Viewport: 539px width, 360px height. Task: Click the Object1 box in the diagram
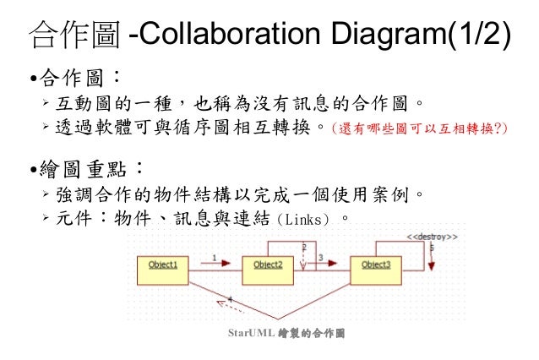(x=163, y=265)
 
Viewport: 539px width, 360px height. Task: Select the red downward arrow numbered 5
(x=432, y=258)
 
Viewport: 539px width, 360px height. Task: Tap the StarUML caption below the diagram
(x=286, y=333)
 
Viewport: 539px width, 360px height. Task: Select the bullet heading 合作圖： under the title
(x=76, y=80)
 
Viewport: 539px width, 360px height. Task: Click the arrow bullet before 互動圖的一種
(x=47, y=104)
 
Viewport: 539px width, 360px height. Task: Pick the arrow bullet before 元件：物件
(x=47, y=219)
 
